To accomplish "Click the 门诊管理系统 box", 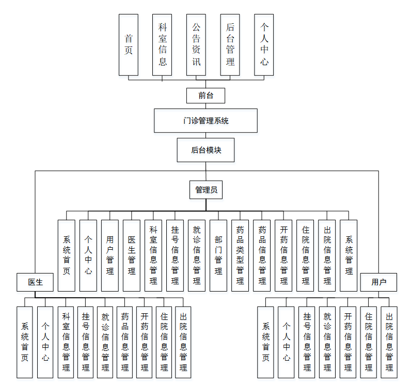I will click(x=206, y=121).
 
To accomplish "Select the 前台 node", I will click(x=206, y=95).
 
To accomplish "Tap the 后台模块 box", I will click(x=206, y=150).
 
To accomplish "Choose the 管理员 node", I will click(x=206, y=190).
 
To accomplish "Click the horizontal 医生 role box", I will click(x=35, y=282).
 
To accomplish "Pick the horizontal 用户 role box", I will click(x=378, y=282).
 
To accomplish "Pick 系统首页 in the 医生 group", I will click(x=25, y=341).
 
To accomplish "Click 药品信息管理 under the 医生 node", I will click(x=125, y=341).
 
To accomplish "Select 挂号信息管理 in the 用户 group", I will click(x=307, y=341).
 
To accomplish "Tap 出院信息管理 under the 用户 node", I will click(x=389, y=341).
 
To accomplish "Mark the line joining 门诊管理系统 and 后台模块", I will click(x=206, y=135).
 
